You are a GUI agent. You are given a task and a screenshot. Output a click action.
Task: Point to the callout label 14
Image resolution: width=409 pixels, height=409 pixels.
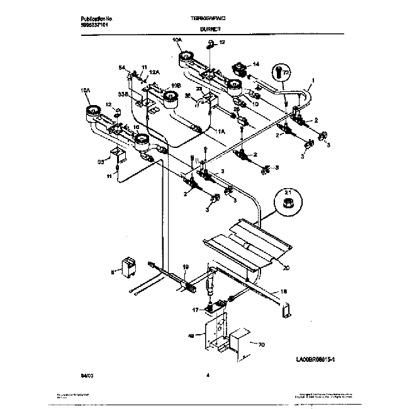pos(255,64)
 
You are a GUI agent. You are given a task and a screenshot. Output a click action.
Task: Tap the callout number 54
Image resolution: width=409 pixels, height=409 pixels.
pos(122,67)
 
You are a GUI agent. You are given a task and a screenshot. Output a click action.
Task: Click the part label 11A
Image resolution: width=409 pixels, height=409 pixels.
pos(220,132)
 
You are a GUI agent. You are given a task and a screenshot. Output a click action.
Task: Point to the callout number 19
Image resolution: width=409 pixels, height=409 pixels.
pos(186,267)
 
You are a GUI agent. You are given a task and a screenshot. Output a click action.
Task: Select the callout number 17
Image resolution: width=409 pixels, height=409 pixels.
pos(196,310)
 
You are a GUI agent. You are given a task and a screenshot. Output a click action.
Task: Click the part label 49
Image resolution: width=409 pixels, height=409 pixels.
pos(191,336)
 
